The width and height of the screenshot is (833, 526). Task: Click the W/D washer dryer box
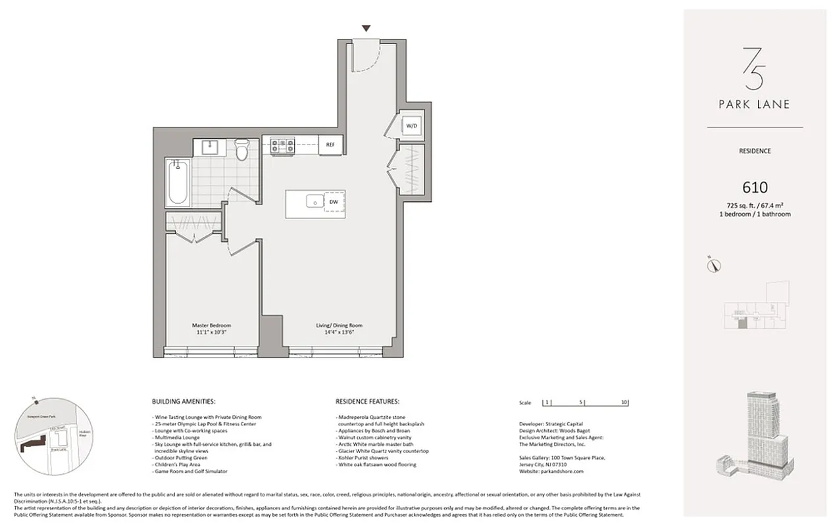[x=411, y=125]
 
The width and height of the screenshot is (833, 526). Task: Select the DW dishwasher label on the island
[x=334, y=203]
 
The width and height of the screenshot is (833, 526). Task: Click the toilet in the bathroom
[x=241, y=151]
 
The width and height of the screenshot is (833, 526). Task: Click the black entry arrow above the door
[x=366, y=28]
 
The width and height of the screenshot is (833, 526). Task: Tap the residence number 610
[x=754, y=188]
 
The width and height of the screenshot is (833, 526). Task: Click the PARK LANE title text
[x=754, y=104]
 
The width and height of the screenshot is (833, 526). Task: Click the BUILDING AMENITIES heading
[x=184, y=401]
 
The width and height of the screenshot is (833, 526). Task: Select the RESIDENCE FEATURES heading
[x=367, y=401]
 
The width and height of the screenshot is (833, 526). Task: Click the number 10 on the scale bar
[x=624, y=402]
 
